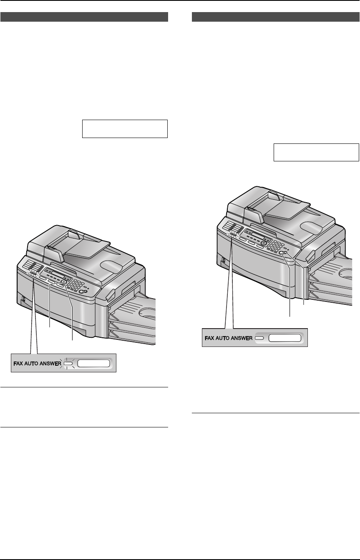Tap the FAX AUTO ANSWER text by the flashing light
[37, 364]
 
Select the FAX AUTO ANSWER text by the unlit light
[229, 338]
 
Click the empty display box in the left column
[125, 129]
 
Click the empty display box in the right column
[316, 152]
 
